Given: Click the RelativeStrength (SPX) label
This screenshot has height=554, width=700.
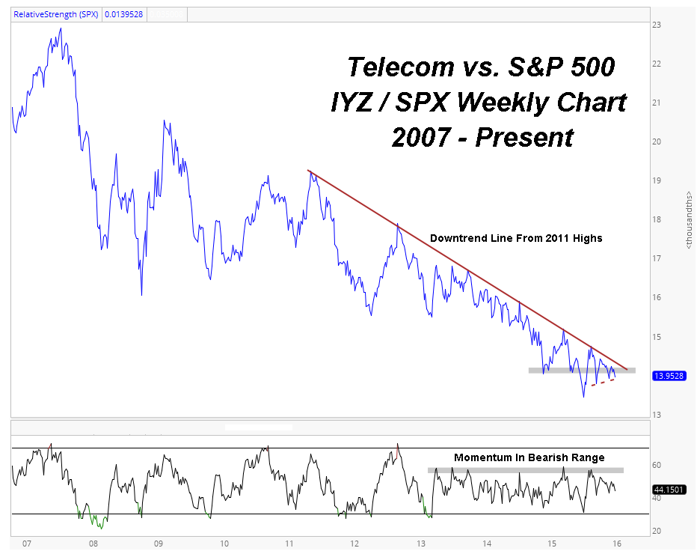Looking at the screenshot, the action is click(x=56, y=14).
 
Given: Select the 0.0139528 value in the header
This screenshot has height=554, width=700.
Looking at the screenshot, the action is click(x=123, y=14).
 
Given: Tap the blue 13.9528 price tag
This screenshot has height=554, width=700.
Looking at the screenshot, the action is click(x=669, y=376).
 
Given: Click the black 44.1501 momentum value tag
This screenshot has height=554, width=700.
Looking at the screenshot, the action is click(x=669, y=490).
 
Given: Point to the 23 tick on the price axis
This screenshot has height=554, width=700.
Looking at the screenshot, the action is click(x=657, y=25).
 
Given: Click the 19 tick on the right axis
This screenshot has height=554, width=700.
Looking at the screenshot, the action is click(x=657, y=180).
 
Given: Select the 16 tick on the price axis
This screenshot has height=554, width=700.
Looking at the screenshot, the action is click(x=657, y=297).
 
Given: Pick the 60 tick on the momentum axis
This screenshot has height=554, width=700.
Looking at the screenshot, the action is click(x=657, y=465).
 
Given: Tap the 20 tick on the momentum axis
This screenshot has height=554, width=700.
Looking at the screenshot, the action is click(x=657, y=532).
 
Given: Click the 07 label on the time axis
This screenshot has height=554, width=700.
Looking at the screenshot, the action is click(x=27, y=544).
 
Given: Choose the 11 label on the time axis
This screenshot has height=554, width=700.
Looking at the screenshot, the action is click(x=289, y=544).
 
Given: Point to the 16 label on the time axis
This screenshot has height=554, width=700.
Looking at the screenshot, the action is click(x=617, y=544).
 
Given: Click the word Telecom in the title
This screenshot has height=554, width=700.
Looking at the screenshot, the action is click(x=401, y=67).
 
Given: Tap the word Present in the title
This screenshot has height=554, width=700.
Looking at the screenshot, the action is click(x=524, y=137).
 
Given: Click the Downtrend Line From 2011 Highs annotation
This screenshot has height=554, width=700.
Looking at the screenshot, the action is click(x=516, y=238).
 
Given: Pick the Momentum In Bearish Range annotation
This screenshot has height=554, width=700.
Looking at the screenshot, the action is click(x=529, y=457).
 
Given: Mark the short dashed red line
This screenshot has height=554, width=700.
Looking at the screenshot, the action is click(x=603, y=382).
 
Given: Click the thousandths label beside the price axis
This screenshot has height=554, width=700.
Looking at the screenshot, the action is click(x=690, y=220).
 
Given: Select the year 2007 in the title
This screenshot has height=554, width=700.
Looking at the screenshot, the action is click(x=421, y=137).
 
